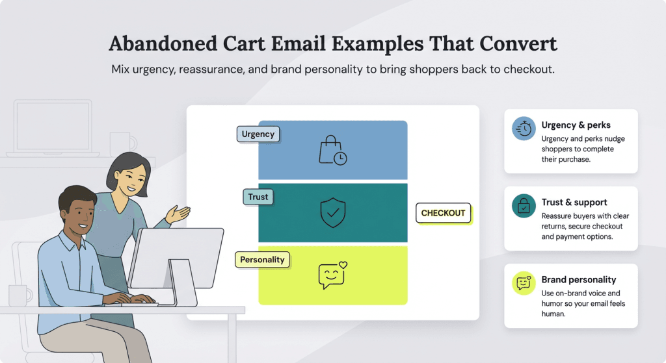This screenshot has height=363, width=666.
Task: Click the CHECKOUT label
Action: (443, 213)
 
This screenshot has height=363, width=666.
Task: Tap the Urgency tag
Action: (258, 134)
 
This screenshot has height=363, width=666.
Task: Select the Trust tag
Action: (258, 197)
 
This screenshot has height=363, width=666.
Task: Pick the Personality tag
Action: (262, 260)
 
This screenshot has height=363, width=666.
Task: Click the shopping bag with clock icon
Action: (332, 150)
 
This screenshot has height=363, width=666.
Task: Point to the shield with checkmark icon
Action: (333, 212)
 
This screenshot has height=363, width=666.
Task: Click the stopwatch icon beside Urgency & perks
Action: (524, 129)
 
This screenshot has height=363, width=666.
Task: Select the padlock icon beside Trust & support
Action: (524, 206)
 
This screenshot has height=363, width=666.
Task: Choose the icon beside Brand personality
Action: (524, 283)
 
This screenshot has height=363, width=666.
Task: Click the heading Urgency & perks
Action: (576, 125)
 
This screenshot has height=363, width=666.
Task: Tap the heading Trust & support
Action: (574, 202)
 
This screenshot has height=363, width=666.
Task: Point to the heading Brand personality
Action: (578, 279)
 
